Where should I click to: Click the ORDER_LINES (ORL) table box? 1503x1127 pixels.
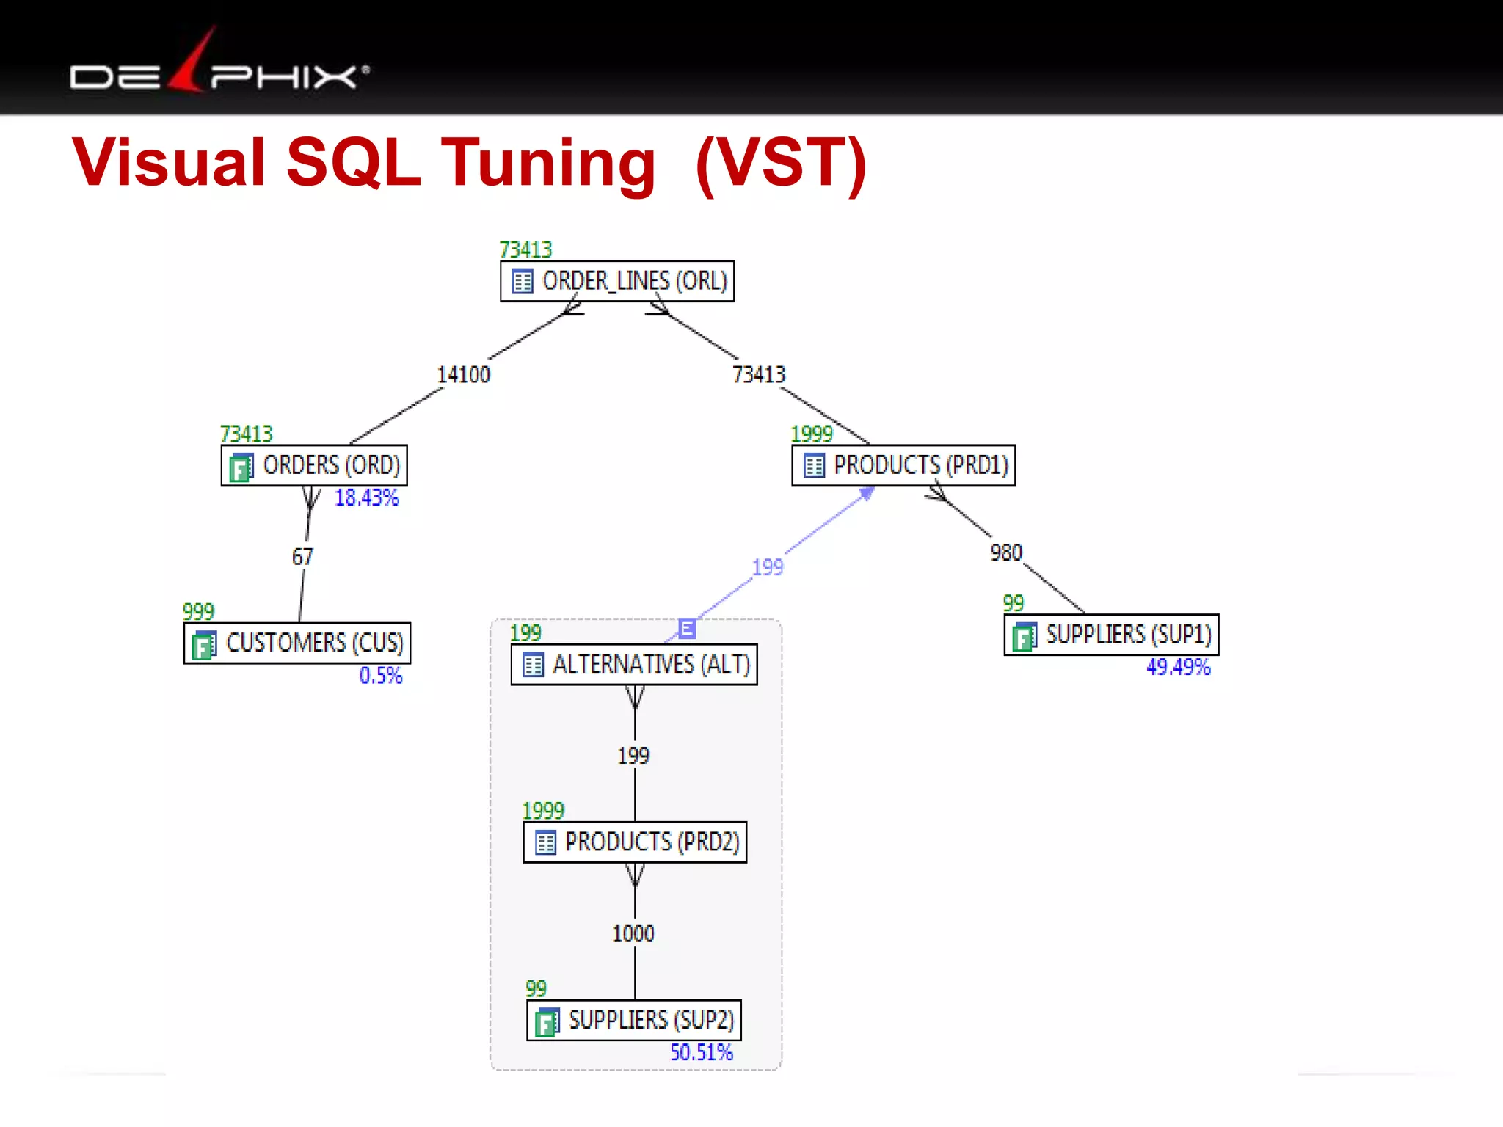617,281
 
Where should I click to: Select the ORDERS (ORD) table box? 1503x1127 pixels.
314,465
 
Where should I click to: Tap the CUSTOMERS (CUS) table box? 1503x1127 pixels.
297,643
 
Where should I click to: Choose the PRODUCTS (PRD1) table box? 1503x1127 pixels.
903,465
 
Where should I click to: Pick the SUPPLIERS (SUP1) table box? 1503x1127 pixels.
1111,635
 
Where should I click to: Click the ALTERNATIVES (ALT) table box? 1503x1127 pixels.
634,665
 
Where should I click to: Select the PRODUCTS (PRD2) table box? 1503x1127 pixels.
635,842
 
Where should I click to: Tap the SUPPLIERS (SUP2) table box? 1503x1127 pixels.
634,1021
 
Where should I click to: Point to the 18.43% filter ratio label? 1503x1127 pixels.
367,498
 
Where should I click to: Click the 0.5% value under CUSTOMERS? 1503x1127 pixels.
381,676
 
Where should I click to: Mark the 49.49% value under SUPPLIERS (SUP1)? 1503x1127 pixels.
1178,667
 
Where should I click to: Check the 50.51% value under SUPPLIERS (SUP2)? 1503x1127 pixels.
701,1053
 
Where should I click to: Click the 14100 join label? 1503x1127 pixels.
464,375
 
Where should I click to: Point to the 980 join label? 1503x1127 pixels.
1006,552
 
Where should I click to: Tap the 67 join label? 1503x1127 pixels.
302,557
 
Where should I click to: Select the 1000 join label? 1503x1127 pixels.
633,934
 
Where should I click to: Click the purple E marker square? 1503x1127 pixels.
687,628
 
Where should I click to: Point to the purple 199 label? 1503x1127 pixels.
768,567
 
